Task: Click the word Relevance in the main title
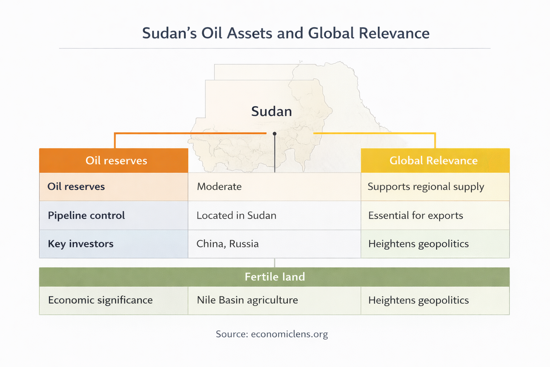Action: coord(394,33)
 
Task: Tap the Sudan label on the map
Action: coord(271,111)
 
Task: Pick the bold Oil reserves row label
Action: coord(76,187)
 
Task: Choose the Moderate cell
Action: coord(219,187)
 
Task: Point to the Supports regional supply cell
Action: coord(426,187)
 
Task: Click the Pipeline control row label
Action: coord(86,215)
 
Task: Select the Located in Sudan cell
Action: coord(236,215)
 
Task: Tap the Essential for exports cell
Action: coord(415,215)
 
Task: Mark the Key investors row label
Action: coord(81,244)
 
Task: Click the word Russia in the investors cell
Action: coord(244,244)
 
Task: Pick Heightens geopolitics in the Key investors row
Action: coord(418,244)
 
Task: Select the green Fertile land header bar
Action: coord(274,277)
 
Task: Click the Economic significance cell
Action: coord(100,300)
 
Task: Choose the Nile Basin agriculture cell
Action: coord(247,300)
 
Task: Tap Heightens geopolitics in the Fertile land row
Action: coord(418,300)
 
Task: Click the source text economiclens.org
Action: coord(289,334)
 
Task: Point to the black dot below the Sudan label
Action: coord(275,134)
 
